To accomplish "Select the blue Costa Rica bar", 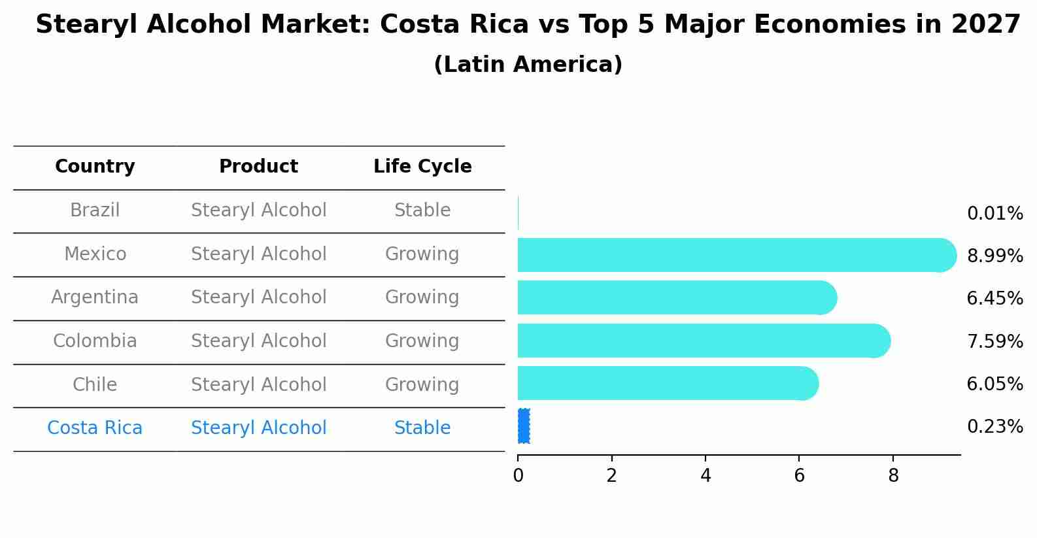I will [x=524, y=426].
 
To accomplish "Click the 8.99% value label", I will [x=994, y=256].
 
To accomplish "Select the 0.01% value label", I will [x=994, y=214].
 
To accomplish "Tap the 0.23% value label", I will [x=994, y=427].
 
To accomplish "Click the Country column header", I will [x=95, y=167].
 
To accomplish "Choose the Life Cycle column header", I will [x=422, y=167].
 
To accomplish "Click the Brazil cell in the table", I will [x=95, y=210].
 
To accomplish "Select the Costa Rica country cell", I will [x=95, y=428].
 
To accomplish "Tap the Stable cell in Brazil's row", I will [x=422, y=210].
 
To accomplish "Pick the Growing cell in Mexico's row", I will [x=422, y=254].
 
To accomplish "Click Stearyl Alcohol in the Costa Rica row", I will [x=258, y=428].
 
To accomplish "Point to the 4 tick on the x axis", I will [x=705, y=476].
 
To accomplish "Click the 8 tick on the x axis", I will [x=893, y=476].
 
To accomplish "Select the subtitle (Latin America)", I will [x=528, y=65].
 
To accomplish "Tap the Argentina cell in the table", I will [x=95, y=297].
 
